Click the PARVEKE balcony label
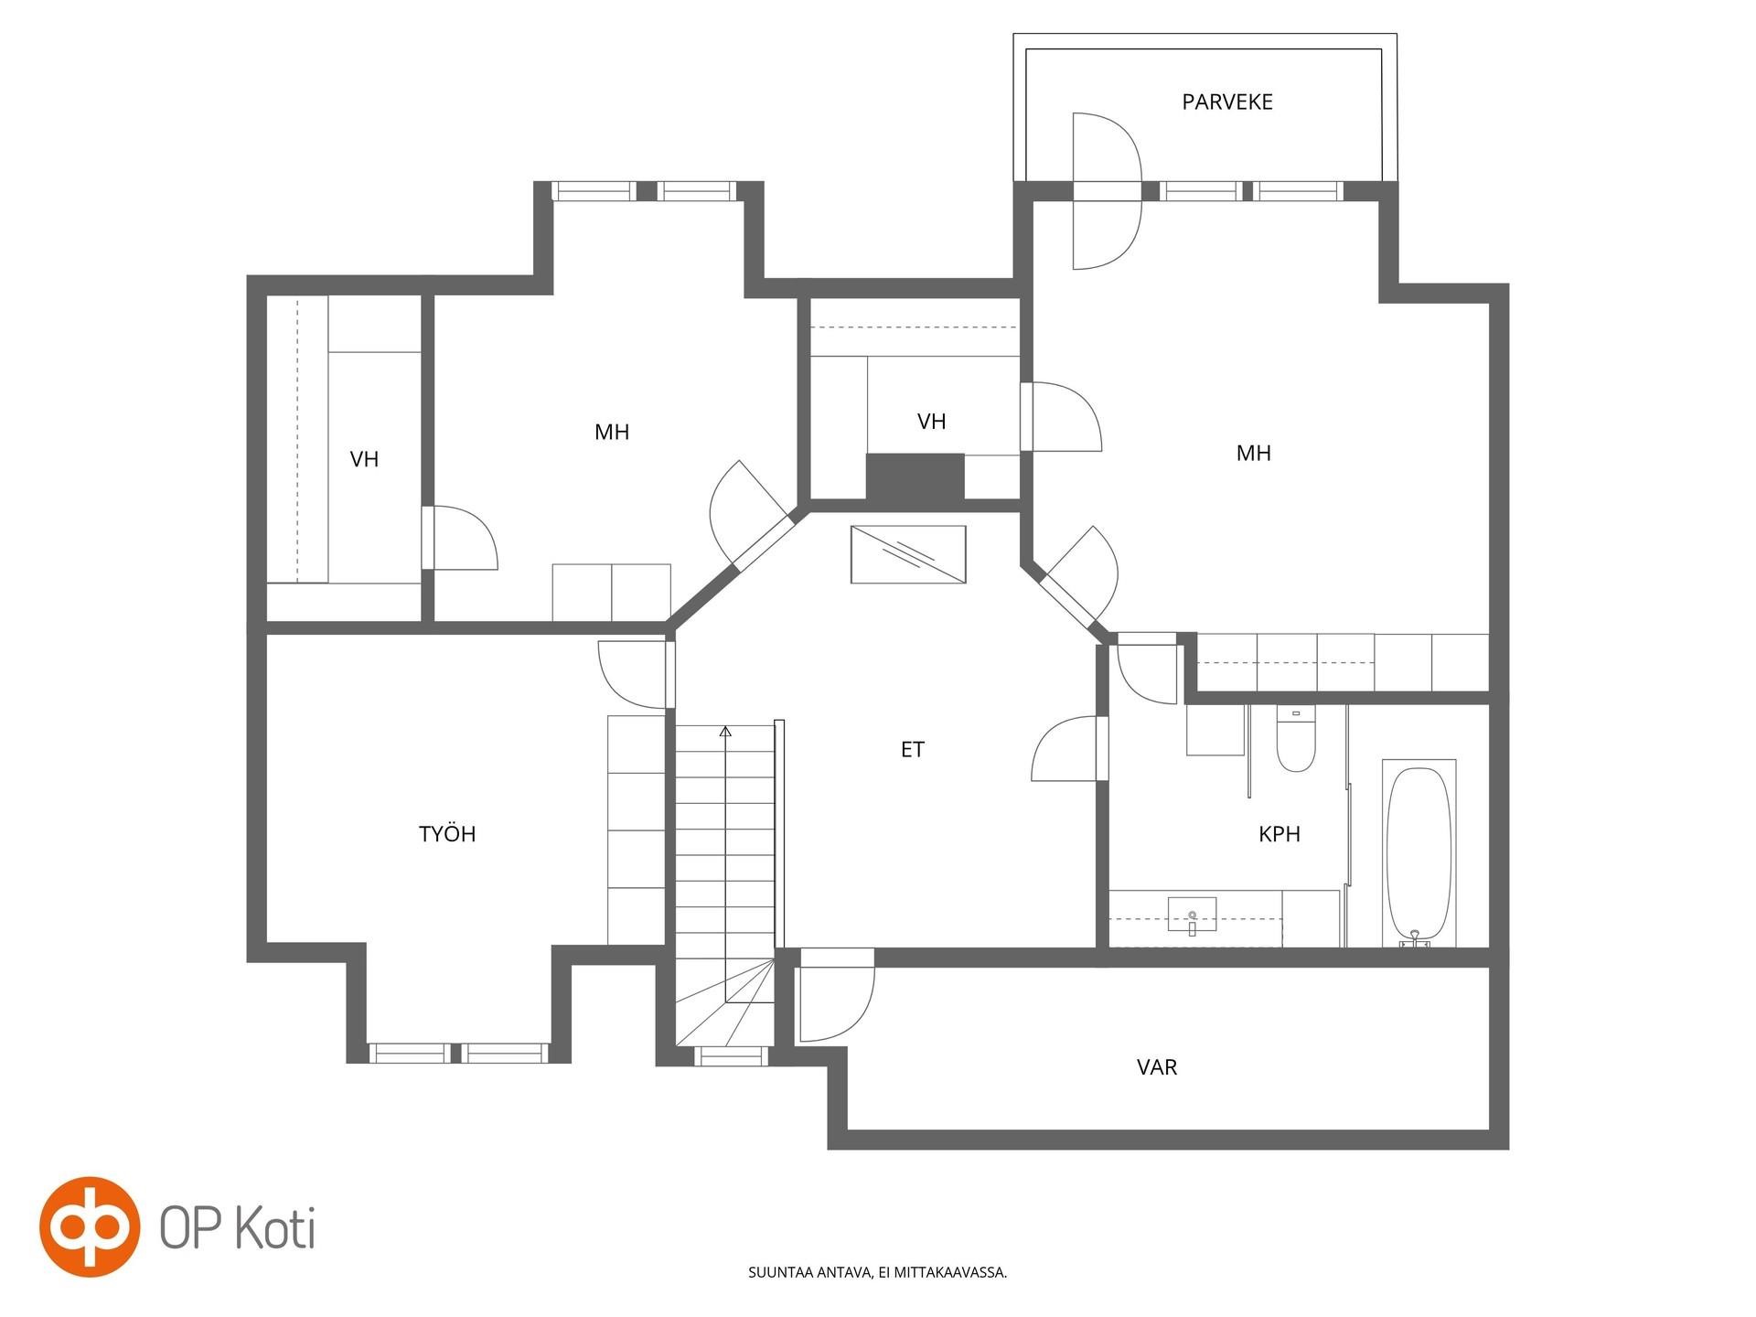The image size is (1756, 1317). [x=1226, y=102]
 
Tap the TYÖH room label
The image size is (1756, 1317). [x=447, y=833]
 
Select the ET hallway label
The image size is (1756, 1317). [x=912, y=750]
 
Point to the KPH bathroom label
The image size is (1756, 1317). [x=1279, y=834]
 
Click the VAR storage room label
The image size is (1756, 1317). [x=1157, y=1066]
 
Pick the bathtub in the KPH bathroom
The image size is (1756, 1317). [x=1419, y=854]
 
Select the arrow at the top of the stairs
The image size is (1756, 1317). [x=725, y=732]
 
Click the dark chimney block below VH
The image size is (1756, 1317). [x=915, y=476]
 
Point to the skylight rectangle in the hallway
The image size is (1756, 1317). [x=908, y=554]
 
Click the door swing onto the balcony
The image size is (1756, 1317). [x=1108, y=191]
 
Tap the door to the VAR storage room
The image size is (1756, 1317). [x=836, y=997]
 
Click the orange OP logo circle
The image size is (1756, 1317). [x=90, y=1226]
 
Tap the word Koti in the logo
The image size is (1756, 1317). [x=277, y=1227]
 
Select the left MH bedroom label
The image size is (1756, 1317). [x=612, y=432]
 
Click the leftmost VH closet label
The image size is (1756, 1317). [x=364, y=459]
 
